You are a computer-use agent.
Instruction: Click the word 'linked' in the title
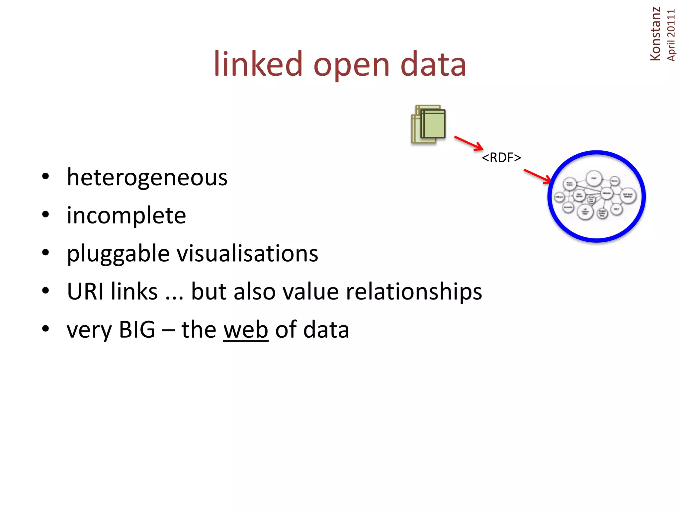(x=258, y=64)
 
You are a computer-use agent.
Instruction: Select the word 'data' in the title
(x=433, y=64)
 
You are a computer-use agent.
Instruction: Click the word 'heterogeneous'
(x=147, y=178)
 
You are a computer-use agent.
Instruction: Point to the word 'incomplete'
(x=126, y=216)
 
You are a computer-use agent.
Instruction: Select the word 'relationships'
(x=414, y=292)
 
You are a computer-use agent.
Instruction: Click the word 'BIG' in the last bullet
(x=137, y=329)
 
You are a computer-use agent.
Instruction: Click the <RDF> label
(x=501, y=158)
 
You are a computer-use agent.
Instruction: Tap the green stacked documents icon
(x=428, y=124)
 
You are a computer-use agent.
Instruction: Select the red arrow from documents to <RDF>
(x=468, y=143)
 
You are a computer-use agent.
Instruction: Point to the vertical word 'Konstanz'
(x=655, y=34)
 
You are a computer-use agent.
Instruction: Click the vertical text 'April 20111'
(x=671, y=35)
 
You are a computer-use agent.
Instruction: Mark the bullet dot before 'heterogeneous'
(x=45, y=176)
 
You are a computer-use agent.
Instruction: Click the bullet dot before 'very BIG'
(x=45, y=329)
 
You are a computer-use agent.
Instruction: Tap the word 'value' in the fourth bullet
(x=310, y=291)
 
